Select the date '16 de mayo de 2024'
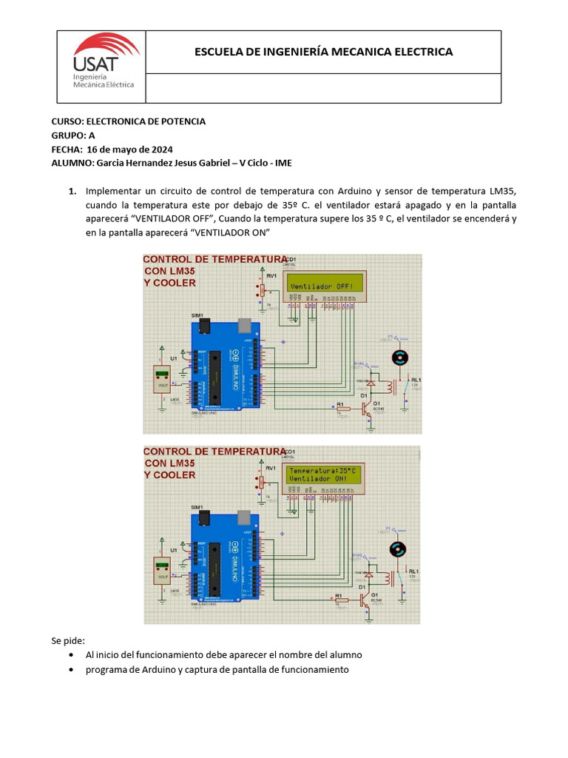pos(130,149)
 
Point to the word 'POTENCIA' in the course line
pos(182,121)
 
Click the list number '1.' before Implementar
pos(72,191)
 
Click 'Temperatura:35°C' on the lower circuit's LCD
pos(323,471)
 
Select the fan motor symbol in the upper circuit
pos(400,358)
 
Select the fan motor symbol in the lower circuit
pos(398,549)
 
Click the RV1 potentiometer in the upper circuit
pos(260,289)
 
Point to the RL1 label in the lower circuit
pos(413,571)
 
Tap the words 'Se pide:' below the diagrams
pos(68,640)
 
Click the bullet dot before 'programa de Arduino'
pos(70,670)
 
